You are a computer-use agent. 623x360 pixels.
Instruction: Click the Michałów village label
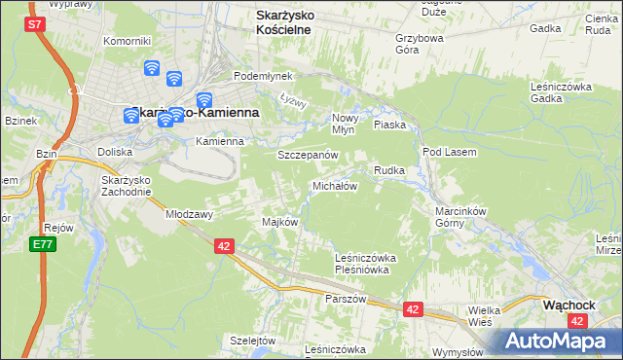pyautogui.click(x=335, y=185)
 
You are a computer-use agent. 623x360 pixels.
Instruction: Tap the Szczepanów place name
pyautogui.click(x=308, y=155)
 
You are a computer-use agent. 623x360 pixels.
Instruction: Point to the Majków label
pyautogui.click(x=279, y=222)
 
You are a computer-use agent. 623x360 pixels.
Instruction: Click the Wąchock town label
pyautogui.click(x=569, y=304)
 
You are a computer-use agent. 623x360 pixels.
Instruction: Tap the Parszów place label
pyautogui.click(x=347, y=299)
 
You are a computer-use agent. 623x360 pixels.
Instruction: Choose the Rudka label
pyautogui.click(x=389, y=170)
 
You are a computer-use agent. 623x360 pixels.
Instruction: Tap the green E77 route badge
pyautogui.click(x=41, y=243)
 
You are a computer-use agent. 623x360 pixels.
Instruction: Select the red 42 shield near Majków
pyautogui.click(x=224, y=247)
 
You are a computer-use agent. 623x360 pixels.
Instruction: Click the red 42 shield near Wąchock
pyautogui.click(x=414, y=309)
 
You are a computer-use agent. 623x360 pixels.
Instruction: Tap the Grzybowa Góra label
pyautogui.click(x=420, y=44)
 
